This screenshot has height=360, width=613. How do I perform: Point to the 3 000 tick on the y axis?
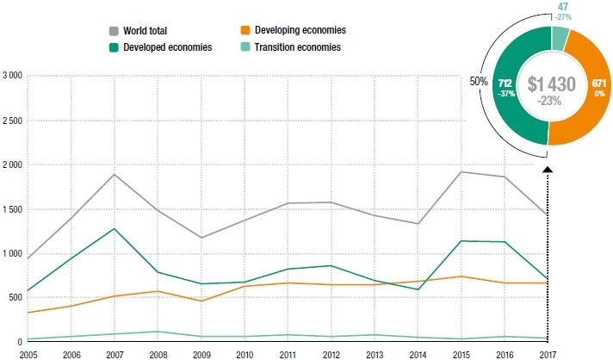coord(12,76)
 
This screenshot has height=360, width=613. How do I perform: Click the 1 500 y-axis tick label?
coord(12,209)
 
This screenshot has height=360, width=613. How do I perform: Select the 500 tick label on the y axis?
coord(15,298)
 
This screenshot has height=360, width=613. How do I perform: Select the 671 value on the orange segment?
coord(599,84)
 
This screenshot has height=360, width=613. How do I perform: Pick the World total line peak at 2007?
coord(113,175)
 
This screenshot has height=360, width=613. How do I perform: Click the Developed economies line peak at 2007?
coord(113,228)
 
